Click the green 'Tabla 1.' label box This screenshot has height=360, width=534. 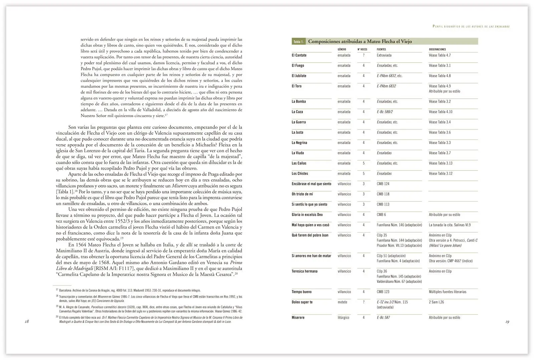(298, 42)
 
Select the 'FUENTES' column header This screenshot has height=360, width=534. (381, 49)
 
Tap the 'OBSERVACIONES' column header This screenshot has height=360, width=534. (437, 49)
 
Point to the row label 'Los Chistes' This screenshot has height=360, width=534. (300, 173)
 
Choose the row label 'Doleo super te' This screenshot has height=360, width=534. (302, 302)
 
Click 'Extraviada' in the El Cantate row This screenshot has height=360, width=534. (384, 55)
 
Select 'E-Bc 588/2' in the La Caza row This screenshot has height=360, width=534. (385, 112)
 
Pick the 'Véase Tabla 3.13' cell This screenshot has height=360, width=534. (441, 163)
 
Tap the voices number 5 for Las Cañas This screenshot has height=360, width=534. (363, 163)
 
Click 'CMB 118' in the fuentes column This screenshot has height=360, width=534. (383, 194)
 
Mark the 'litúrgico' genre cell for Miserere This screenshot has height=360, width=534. (343, 317)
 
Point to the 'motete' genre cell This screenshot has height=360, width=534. (342, 302)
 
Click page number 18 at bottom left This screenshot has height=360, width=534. (27, 321)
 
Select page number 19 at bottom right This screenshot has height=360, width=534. (507, 322)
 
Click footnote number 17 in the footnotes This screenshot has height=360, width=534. (57, 290)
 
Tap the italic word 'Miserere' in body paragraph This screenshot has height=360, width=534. (180, 186)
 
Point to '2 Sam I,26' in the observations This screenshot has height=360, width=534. (436, 302)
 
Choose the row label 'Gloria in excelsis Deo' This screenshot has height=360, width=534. (307, 215)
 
